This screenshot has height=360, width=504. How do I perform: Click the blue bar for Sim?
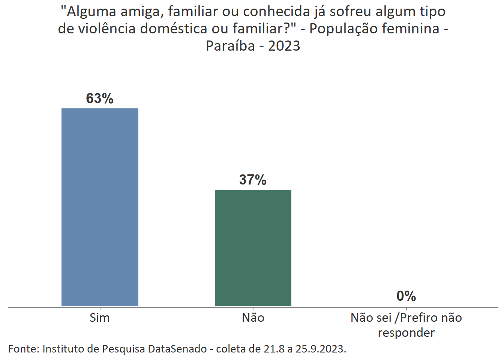pos(100,207)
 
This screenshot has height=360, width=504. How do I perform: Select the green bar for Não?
pos(253,247)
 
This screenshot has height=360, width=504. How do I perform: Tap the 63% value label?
pos(100,98)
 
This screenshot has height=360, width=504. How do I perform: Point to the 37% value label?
pos(253,180)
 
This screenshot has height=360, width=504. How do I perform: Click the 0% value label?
pos(406,296)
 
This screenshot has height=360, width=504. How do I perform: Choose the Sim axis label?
pos(100,318)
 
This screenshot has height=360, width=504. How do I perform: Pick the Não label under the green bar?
pos(253,318)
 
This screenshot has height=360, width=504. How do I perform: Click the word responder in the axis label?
pos(406,333)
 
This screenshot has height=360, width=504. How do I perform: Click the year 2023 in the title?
pos(284,46)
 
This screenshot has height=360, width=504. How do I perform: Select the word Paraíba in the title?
pos(230,46)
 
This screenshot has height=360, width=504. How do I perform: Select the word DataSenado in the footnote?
pos(177,349)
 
